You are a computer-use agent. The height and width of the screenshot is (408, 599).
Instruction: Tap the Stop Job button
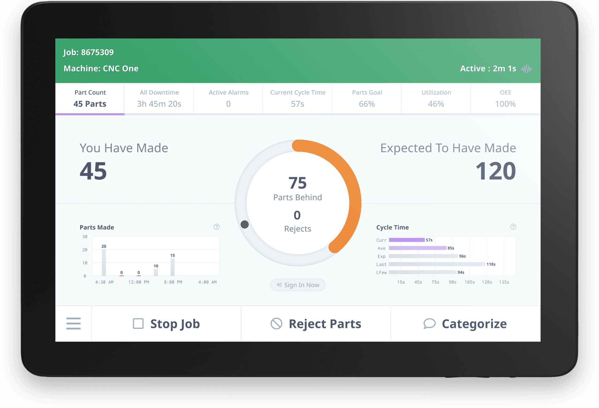coord(166,324)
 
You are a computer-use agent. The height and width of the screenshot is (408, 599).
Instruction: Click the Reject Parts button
coord(316,324)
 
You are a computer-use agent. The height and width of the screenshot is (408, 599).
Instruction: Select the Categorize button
coord(465,324)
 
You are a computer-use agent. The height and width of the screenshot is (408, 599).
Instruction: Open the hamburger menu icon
coord(74,324)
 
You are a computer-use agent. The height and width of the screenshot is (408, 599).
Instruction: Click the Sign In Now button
coord(298,285)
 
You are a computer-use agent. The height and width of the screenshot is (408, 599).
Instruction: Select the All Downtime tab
coord(159,99)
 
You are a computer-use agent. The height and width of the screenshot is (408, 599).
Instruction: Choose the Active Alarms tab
coord(228,99)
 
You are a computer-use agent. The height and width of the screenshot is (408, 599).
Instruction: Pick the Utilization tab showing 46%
coord(436,99)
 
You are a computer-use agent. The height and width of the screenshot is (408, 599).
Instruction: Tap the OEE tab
coord(505,99)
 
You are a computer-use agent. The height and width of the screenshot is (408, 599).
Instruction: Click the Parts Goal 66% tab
coord(367,99)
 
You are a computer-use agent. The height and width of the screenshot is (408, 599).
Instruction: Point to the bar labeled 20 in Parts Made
coord(104,262)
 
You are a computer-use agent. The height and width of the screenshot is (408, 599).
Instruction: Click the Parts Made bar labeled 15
coord(173,267)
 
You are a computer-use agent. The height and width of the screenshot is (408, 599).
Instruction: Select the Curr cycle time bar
coord(407,240)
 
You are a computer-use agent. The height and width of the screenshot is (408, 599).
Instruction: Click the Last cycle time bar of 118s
coord(437,264)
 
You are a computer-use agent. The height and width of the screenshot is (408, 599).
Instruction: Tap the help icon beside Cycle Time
coord(513,227)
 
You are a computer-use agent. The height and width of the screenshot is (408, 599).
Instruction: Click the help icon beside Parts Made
coord(217,227)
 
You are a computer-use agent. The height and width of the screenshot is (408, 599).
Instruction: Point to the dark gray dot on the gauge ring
coord(245,224)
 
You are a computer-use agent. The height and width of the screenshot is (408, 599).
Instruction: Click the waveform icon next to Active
coord(527,69)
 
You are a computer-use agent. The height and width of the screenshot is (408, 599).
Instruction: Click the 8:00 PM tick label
coord(173,282)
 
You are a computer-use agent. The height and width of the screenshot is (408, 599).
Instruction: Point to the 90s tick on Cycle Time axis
coord(452,282)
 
